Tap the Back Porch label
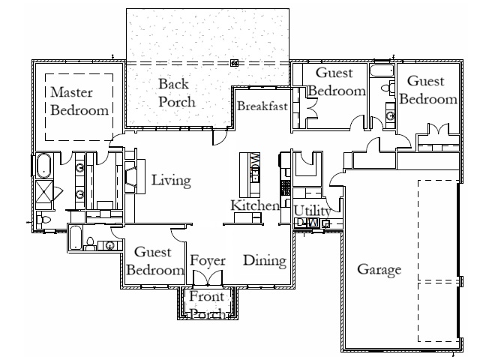pos(177,92)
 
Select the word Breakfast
pos(262,106)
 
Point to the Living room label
pos(171,181)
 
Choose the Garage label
pos(379,270)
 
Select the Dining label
pos(265,261)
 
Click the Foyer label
pos(208,260)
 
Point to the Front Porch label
pos(207,305)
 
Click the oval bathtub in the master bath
pos(43,164)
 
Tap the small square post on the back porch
pos(234,63)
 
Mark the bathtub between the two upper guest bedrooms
pos(381,71)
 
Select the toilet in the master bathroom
pos(43,220)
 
